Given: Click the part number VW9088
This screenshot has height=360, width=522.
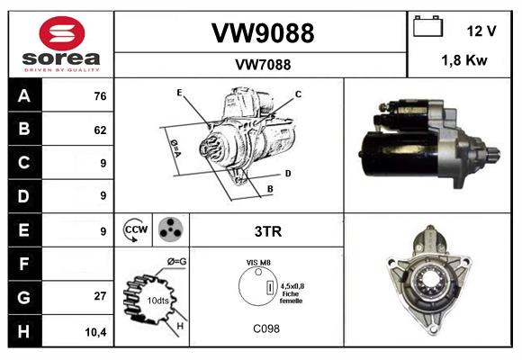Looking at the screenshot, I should pos(262,33).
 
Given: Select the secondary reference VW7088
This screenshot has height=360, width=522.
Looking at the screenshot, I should pos(262,64).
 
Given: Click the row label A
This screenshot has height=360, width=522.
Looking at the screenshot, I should pos(23,96).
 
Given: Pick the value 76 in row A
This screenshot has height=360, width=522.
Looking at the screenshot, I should pos(99,96).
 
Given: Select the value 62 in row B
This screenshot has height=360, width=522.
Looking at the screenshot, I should pos(99,130).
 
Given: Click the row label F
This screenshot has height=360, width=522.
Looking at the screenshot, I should pos(23,264).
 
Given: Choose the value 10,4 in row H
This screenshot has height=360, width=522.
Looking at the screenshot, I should pos(96,331).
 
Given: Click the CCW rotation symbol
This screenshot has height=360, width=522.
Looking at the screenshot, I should pos(134,230).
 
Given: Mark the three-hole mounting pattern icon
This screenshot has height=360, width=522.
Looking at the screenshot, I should pos(168,229).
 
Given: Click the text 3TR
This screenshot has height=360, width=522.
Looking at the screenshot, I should pos(269,231).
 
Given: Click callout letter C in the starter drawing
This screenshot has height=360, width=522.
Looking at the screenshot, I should pos(298,94).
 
